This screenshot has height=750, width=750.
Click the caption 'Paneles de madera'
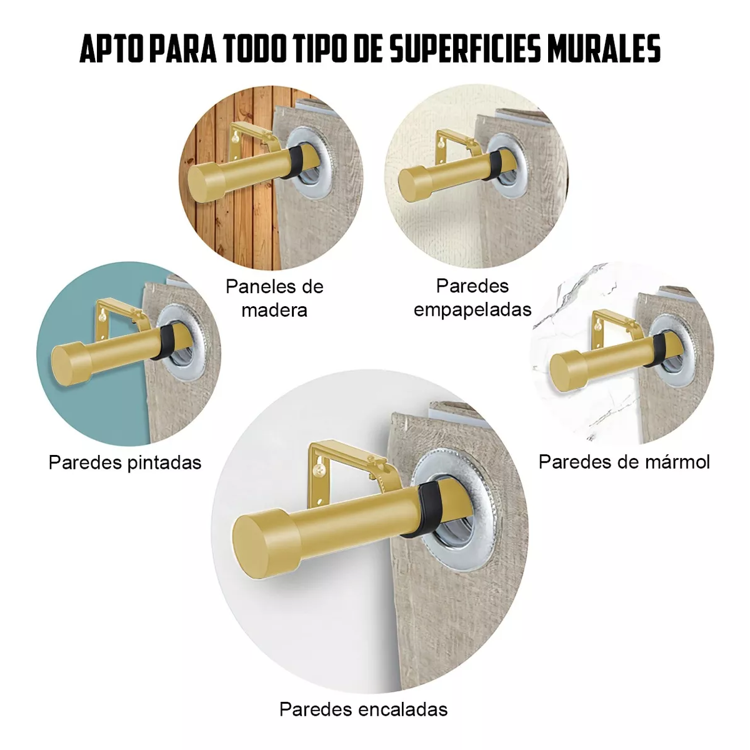coord(274,298)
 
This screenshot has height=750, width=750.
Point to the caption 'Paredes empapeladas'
coord(472,297)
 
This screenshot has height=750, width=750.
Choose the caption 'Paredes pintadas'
coord(125,462)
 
